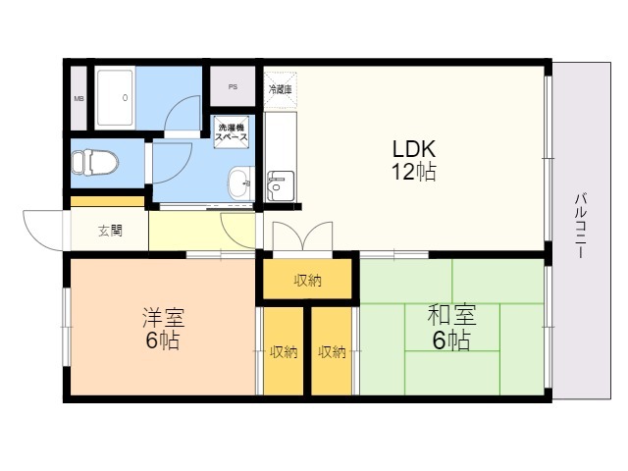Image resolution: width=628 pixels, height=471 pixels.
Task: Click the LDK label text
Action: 414,149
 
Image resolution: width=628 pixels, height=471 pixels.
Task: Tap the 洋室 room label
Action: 164,317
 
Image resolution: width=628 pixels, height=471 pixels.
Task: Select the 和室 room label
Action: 451,315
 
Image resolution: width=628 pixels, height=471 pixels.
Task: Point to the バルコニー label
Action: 581,226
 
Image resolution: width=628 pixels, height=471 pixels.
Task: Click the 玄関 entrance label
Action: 110,232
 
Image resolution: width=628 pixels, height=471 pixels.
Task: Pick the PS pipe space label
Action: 233,86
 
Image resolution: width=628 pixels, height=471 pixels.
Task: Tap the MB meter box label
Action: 78,98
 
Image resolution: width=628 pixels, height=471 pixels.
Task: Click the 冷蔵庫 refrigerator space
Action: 281,89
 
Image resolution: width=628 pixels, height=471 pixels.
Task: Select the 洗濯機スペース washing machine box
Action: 232,132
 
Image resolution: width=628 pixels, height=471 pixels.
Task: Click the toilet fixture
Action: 94,162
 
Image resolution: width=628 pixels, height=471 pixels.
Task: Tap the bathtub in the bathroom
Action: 115,98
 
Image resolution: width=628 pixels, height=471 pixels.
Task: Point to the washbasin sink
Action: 241,183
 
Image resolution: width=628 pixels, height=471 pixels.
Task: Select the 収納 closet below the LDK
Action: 307,279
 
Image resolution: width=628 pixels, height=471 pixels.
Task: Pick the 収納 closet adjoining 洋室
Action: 284,351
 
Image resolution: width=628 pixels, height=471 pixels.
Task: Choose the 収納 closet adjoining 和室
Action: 332,351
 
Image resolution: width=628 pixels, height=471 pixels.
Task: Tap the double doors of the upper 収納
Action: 303,236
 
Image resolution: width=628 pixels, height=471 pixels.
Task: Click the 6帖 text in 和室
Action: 451,340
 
